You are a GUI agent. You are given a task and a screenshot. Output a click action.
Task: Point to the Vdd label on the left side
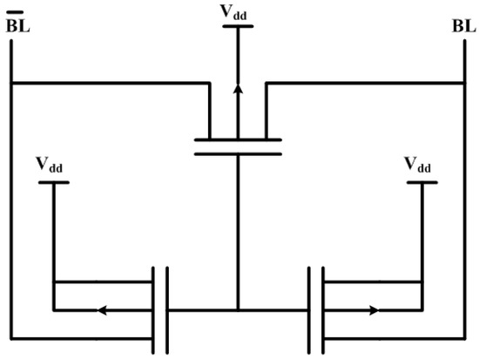(x=49, y=165)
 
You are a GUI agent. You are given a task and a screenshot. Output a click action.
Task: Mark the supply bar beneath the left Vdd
(x=54, y=182)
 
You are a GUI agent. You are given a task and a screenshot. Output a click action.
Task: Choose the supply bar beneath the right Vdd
(x=422, y=182)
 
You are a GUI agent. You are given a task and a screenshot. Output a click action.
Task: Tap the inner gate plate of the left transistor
(x=166, y=309)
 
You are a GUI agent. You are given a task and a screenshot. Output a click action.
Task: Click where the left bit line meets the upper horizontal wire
(x=11, y=84)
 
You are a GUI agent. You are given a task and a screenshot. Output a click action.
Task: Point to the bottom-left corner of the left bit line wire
(x=11, y=336)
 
